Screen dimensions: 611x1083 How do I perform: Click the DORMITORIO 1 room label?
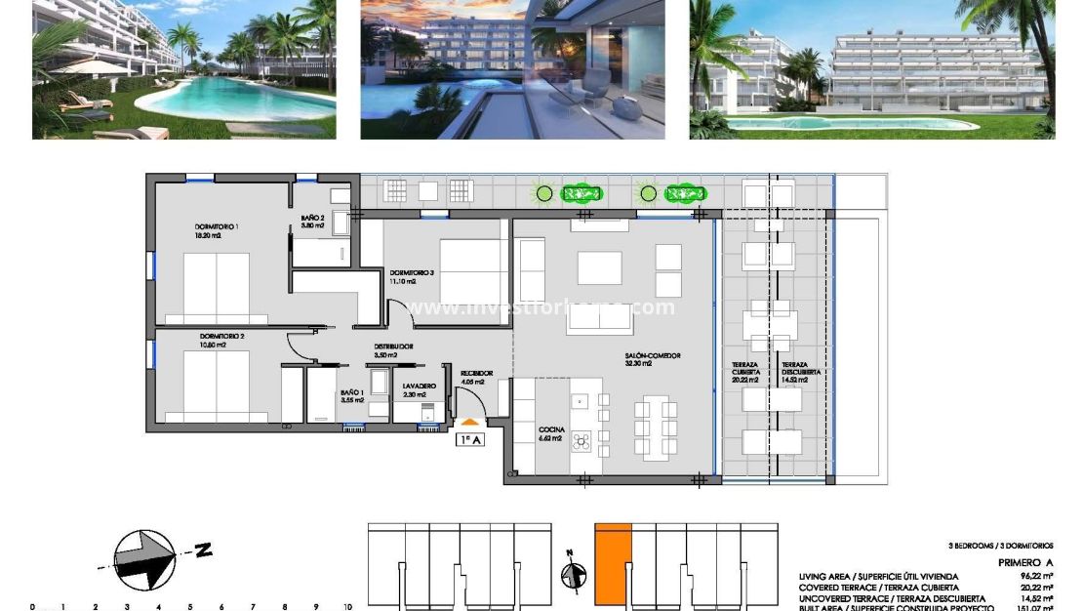[x=217, y=226]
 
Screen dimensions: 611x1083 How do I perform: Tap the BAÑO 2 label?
[x=311, y=219]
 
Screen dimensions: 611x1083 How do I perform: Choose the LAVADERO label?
[x=420, y=387]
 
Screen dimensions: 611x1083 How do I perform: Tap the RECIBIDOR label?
[x=476, y=374]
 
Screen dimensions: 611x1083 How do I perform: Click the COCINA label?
[x=552, y=429]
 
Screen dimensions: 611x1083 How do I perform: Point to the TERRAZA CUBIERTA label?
[x=745, y=369]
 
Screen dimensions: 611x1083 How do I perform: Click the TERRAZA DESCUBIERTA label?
[x=800, y=369]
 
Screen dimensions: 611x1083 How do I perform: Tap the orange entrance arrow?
[x=470, y=422]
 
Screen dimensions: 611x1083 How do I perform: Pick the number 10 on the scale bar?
[x=346, y=607]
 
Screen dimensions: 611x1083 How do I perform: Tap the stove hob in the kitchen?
[x=583, y=441]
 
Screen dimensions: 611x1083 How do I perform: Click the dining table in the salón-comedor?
[x=654, y=427]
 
